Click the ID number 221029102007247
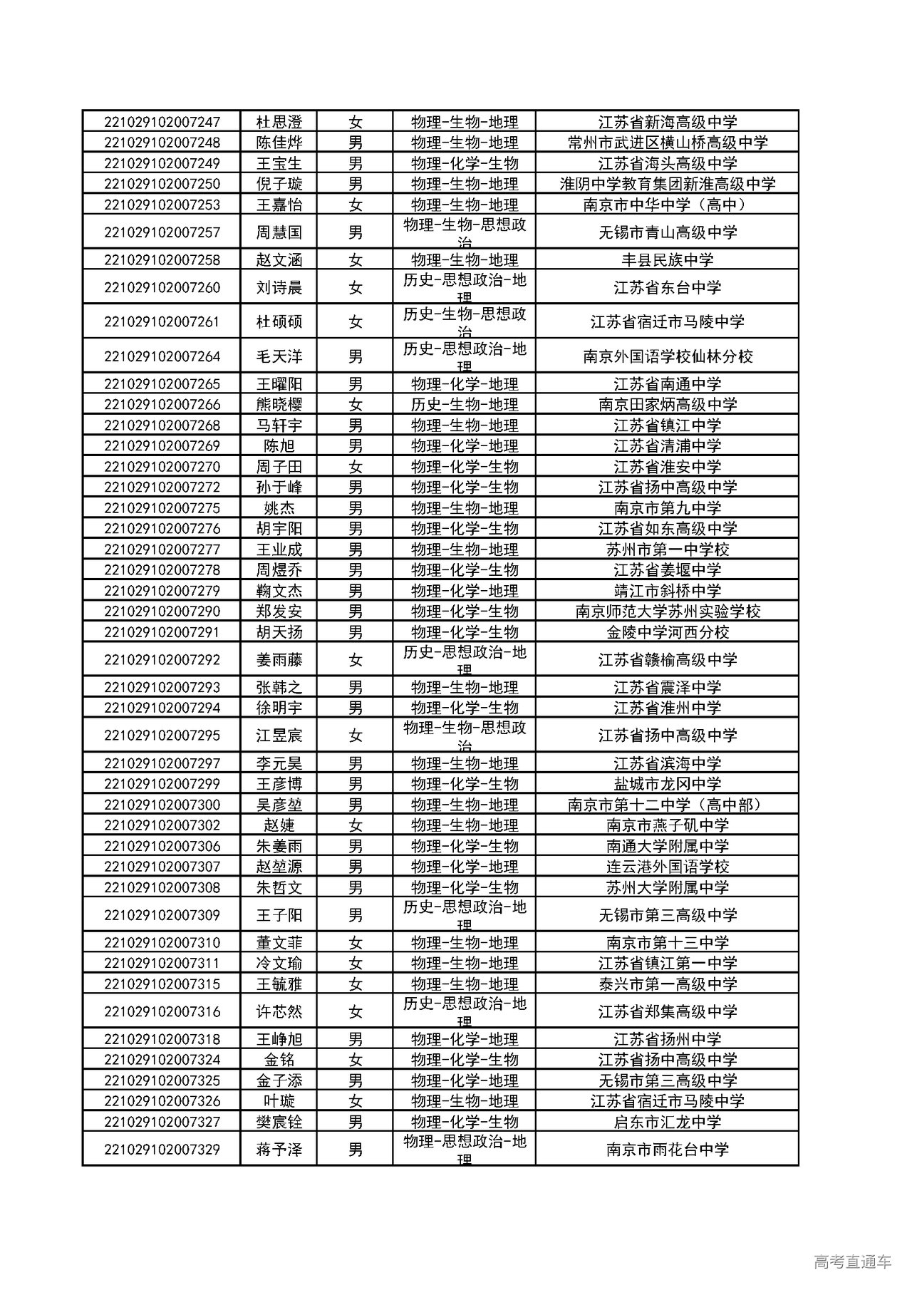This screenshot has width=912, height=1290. tap(162, 122)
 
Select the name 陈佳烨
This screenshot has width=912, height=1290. tap(279, 143)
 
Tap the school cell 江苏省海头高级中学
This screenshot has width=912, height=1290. tap(667, 163)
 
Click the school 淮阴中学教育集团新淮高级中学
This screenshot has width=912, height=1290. tap(667, 184)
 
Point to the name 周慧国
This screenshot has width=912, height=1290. tap(279, 232)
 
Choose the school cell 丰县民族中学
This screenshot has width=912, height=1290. tap(667, 260)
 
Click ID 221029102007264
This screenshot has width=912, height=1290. tap(162, 356)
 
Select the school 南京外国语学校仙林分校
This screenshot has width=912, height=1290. tap(667, 356)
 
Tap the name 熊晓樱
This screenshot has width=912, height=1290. tap(279, 405)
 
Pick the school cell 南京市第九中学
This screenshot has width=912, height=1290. tap(667, 508)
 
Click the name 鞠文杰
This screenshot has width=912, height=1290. tap(279, 591)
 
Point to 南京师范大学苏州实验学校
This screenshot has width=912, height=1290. tap(667, 612)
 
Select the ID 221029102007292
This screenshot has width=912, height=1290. tap(162, 660)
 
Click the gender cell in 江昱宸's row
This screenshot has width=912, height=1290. tap(356, 736)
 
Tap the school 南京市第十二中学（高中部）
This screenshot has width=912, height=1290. tap(667, 805)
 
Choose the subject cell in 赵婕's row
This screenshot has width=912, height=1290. tap(464, 825)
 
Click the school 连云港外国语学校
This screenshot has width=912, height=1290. tap(667, 867)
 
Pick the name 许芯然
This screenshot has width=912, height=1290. tap(279, 1012)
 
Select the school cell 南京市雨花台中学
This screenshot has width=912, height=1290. tap(667, 1150)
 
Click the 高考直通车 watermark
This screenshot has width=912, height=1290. tap(851, 1262)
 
